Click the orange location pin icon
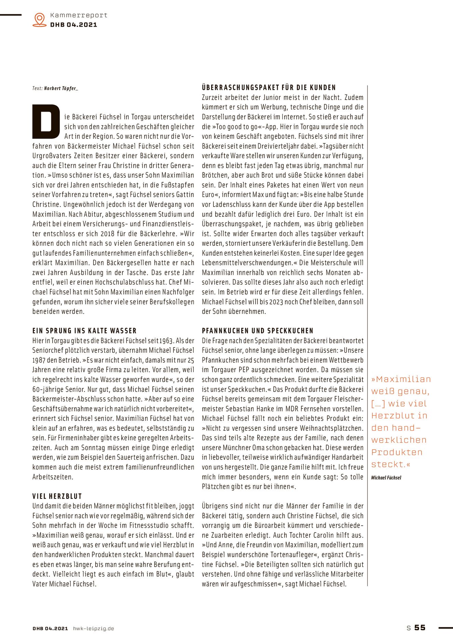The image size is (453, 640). click(40, 19)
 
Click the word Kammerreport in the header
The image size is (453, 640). click(79, 15)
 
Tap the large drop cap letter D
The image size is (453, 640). click(46, 122)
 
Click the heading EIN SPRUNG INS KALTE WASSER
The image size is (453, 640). click(84, 331)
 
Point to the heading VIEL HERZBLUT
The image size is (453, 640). click(57, 496)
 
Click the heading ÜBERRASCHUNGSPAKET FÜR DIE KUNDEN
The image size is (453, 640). click(269, 87)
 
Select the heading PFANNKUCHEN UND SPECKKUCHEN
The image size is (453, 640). click(257, 331)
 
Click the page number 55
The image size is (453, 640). click(420, 627)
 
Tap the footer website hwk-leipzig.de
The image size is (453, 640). click(93, 628)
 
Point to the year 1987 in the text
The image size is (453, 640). click(39, 360)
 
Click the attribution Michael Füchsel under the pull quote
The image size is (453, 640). click(386, 478)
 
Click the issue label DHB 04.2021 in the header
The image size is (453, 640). click(73, 25)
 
